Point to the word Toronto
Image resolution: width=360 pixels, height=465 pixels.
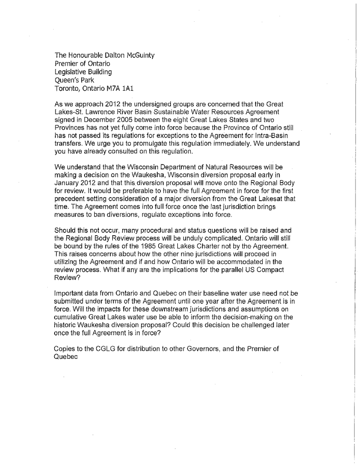tap(67, 89)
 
